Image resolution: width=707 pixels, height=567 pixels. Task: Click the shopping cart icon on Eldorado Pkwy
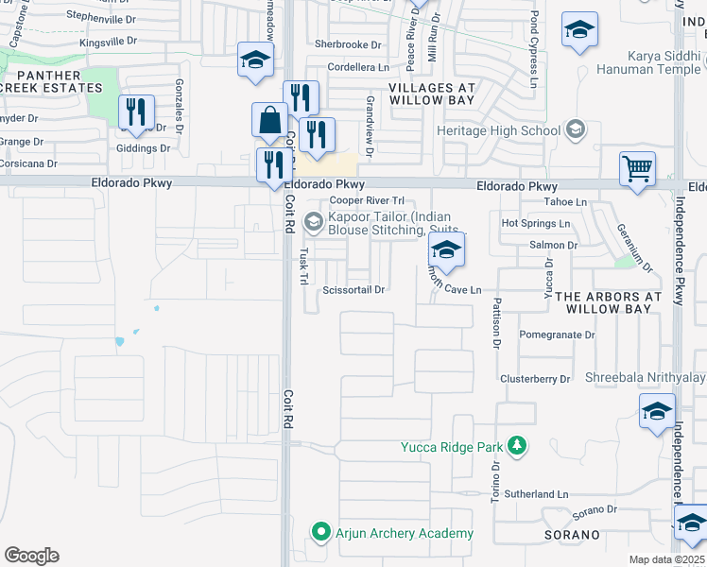638,170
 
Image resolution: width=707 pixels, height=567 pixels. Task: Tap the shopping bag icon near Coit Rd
269,120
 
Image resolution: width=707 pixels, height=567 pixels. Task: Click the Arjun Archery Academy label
405,534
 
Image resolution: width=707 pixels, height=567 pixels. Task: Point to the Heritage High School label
500,130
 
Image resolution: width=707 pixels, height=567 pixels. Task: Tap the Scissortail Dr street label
353,290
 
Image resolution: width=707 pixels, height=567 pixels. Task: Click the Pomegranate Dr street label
557,335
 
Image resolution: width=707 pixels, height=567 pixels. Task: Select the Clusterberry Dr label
536,379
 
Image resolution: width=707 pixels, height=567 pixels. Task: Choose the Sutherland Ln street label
535,493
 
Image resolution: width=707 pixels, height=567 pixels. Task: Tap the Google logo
31,556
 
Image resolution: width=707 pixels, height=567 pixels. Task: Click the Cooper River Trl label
367,201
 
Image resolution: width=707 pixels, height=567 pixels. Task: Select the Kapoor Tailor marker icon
313,223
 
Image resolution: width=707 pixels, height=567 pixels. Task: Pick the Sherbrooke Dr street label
348,44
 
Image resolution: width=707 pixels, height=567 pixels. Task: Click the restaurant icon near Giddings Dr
136,112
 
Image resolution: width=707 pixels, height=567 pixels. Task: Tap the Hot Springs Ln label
536,224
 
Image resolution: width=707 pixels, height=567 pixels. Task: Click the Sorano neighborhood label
572,535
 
